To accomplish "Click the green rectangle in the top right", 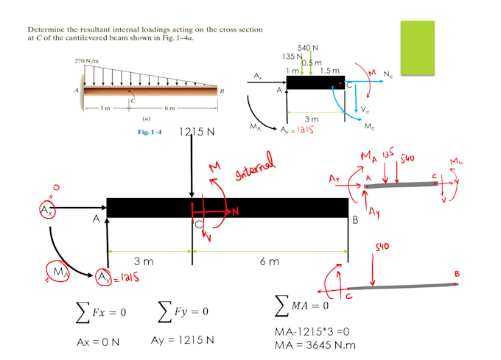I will click(417, 44).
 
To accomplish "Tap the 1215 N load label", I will click(197, 133).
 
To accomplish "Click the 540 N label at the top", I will click(308, 48).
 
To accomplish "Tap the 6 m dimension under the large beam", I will click(269, 261).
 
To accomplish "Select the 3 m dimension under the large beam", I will click(144, 261).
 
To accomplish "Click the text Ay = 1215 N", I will click(183, 340).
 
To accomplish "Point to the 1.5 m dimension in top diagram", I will click(330, 71).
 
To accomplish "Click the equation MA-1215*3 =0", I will click(310, 333).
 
